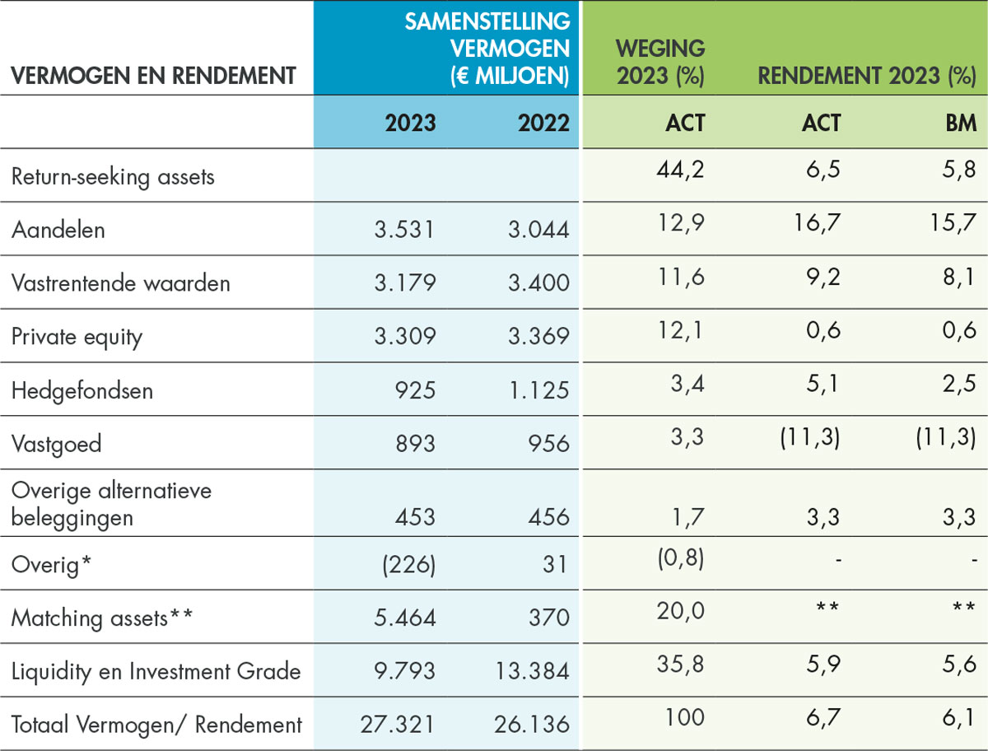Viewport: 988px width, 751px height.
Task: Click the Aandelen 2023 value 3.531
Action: (404, 230)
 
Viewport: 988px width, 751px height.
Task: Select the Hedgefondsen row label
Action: (82, 390)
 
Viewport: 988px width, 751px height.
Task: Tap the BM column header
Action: (961, 123)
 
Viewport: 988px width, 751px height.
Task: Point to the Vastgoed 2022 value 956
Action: (548, 444)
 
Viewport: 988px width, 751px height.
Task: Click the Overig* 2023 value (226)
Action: (408, 564)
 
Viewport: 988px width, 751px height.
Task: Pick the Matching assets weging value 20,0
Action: (681, 611)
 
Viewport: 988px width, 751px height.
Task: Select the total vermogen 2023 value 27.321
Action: (397, 725)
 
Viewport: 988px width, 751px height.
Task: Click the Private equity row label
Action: (77, 337)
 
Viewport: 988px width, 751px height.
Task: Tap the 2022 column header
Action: (543, 123)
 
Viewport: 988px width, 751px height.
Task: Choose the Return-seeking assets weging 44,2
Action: (681, 170)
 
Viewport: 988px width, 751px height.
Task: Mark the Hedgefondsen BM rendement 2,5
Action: (959, 384)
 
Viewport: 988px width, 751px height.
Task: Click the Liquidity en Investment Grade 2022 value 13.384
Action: (533, 671)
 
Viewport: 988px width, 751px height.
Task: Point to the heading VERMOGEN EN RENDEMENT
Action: (153, 76)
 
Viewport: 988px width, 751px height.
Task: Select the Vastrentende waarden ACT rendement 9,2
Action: (823, 278)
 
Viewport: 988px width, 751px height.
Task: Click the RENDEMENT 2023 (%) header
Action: (867, 76)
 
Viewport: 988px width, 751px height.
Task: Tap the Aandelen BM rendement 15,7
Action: (953, 223)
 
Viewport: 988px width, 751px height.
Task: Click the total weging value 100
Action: (685, 717)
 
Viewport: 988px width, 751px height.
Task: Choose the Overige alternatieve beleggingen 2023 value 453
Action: (415, 517)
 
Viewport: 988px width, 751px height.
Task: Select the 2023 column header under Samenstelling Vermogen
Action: (411, 123)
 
